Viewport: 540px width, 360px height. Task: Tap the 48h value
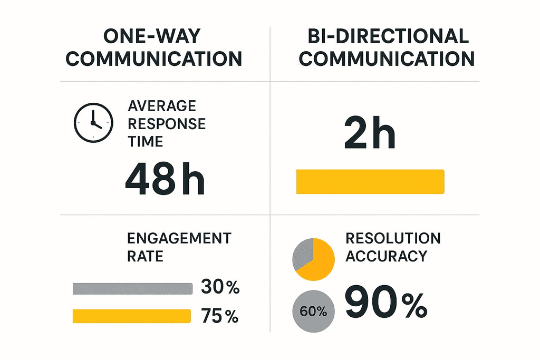tap(164, 180)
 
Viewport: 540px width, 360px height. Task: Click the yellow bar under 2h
tap(370, 181)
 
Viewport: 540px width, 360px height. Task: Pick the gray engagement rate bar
tap(132, 288)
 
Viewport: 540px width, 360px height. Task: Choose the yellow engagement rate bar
tap(131, 316)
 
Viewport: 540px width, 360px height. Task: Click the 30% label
tap(220, 288)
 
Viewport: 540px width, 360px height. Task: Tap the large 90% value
tap(385, 304)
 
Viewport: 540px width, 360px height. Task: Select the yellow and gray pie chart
tap(313, 259)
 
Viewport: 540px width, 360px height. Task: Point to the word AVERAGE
tap(162, 106)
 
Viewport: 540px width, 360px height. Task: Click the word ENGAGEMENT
tap(179, 238)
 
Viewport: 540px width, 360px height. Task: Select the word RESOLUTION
tap(393, 238)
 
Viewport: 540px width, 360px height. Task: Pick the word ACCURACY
tap(386, 256)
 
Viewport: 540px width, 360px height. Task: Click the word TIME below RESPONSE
tap(146, 141)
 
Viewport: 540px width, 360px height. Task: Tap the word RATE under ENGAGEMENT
tap(145, 256)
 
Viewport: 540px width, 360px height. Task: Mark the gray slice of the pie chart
tap(303, 253)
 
